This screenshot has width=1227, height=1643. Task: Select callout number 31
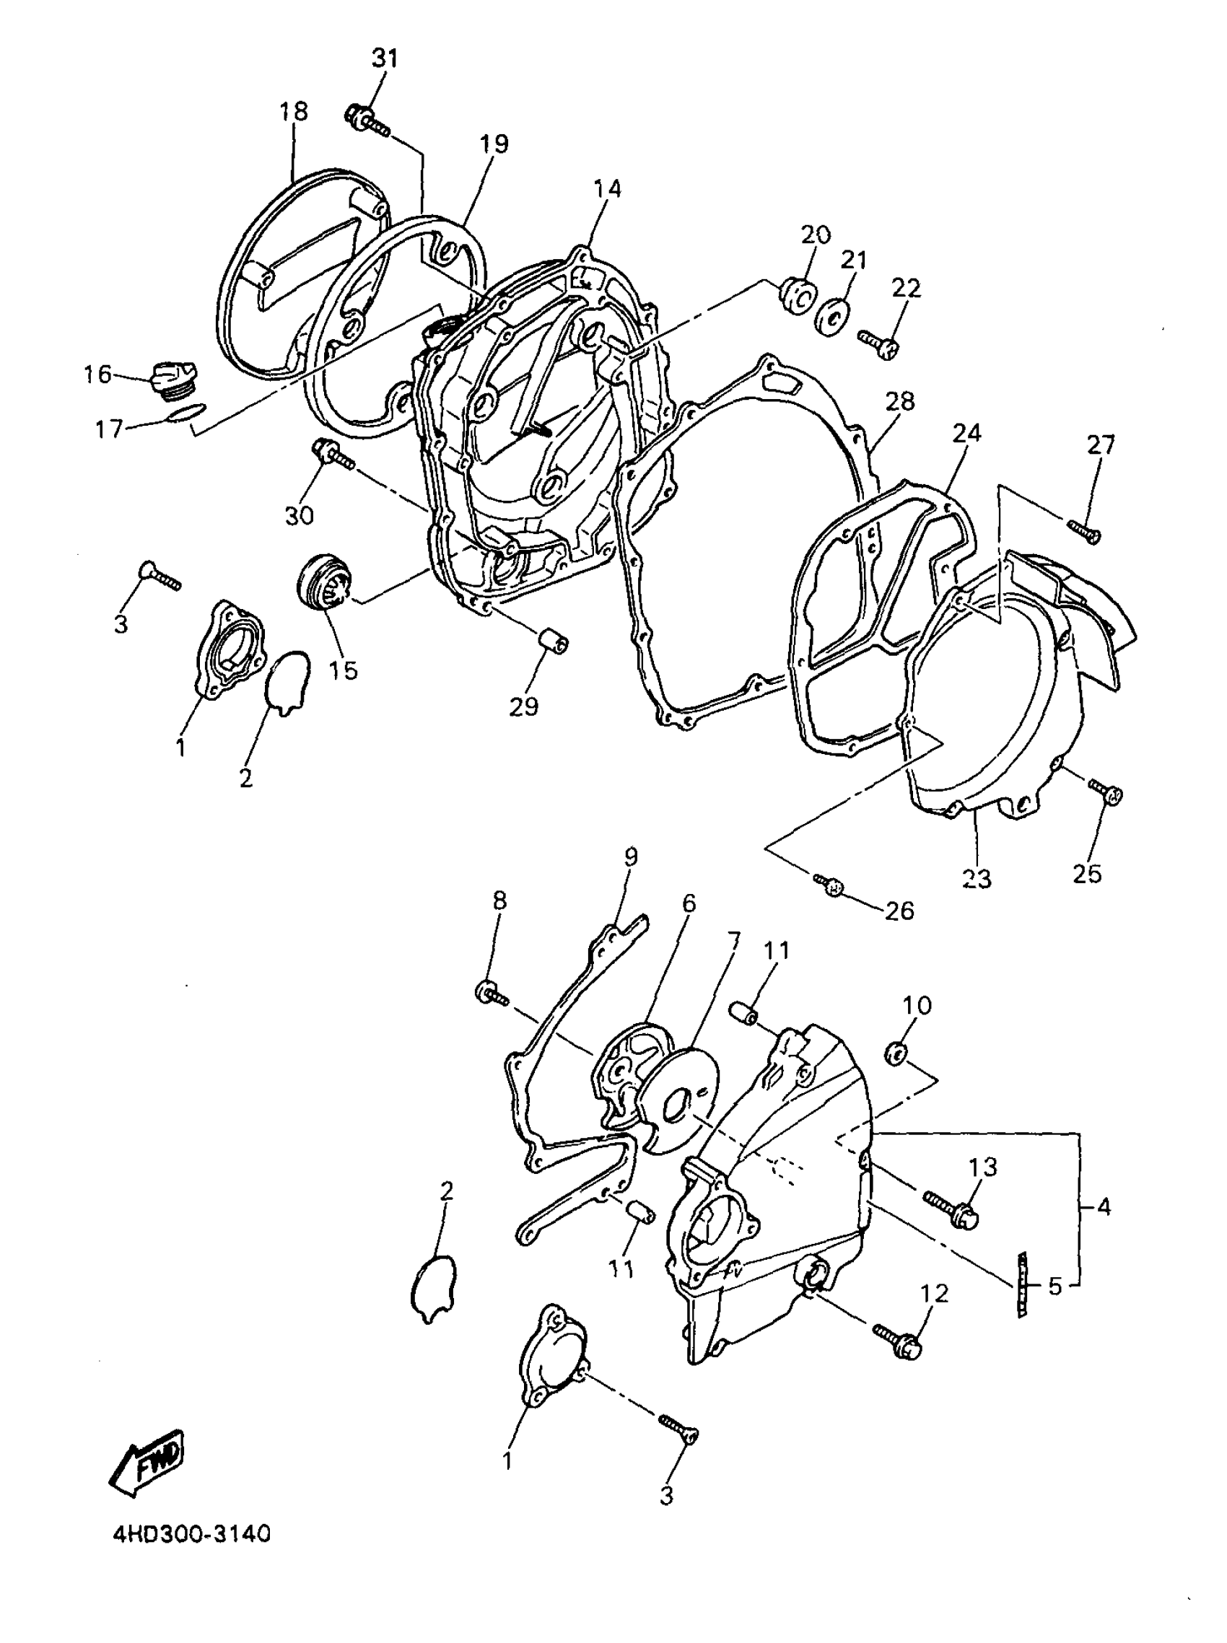click(385, 58)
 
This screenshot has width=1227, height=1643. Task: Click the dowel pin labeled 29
click(554, 639)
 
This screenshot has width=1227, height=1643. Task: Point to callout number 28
click(900, 403)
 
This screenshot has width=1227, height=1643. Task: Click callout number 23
click(977, 879)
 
